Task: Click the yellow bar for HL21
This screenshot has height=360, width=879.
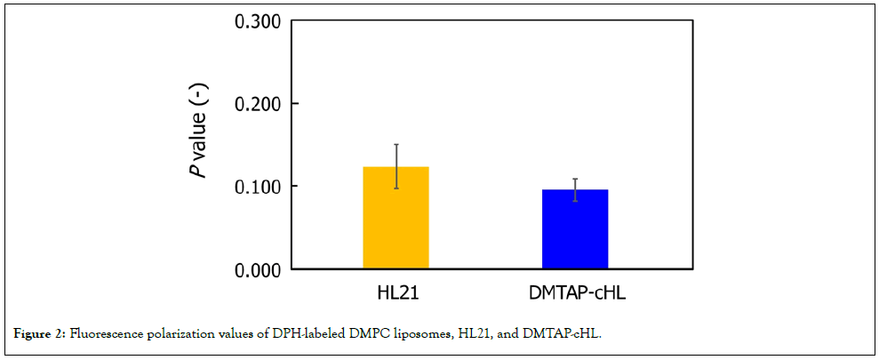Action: pyautogui.click(x=396, y=218)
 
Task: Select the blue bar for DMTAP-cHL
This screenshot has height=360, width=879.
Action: pyautogui.click(x=575, y=229)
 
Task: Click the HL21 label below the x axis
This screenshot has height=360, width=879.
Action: pyautogui.click(x=396, y=293)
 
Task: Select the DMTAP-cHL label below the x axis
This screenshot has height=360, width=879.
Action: pyautogui.click(x=575, y=293)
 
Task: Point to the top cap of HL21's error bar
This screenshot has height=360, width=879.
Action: pyautogui.click(x=396, y=144)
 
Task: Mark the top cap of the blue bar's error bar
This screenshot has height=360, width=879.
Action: pyautogui.click(x=575, y=179)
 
